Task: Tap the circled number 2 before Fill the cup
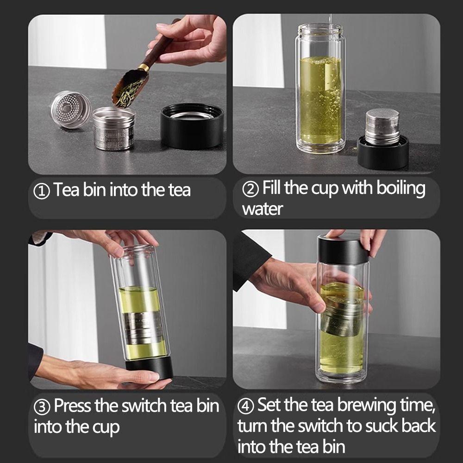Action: click(251, 189)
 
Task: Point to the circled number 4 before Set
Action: click(246, 406)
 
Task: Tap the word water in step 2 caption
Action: click(262, 209)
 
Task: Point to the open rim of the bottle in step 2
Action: click(319, 29)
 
